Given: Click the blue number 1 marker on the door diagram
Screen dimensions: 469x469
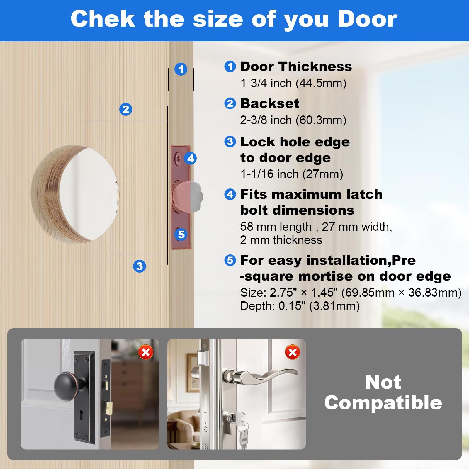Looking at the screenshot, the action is (181, 69).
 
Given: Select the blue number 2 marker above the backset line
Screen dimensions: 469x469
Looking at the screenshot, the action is (126, 109).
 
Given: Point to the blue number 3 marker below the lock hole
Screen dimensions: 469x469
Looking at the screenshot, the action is (140, 266).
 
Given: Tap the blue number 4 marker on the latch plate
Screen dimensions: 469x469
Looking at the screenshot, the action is (190, 158).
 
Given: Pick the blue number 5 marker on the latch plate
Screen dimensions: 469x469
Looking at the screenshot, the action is (181, 234).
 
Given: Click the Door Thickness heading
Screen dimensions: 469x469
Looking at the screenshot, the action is (296, 67).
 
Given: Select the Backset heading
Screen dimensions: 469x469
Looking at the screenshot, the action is (270, 103).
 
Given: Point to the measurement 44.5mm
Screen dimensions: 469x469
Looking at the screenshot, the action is (321, 83).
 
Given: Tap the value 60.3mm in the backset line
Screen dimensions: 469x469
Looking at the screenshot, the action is (321, 120).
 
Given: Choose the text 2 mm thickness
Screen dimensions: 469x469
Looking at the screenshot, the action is (281, 240).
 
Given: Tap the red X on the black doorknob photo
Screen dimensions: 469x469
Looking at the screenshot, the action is (146, 352).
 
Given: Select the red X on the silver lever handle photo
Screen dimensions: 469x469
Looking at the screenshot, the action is (292, 352).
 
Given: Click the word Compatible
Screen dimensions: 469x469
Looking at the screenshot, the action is (383, 403).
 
